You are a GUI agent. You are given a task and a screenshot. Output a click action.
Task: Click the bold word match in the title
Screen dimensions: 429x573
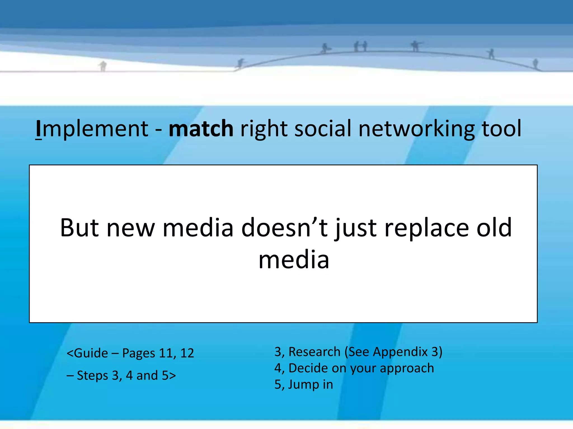point(201,128)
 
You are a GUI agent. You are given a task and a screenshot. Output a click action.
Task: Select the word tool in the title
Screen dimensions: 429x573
point(501,128)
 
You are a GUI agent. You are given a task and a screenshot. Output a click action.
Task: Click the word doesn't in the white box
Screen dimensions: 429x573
point(284,228)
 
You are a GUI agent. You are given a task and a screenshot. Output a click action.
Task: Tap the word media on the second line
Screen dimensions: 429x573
point(293,260)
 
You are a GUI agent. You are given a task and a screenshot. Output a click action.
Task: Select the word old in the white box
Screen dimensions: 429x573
point(494,228)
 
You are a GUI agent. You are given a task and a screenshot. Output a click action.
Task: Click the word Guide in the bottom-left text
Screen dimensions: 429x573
point(91,353)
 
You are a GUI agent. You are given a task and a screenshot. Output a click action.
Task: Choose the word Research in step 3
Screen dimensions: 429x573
point(314,352)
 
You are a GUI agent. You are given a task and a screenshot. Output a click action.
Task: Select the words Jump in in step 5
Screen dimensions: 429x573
point(311,385)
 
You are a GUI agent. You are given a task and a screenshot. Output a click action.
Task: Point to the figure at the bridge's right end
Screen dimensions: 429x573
point(535,63)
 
